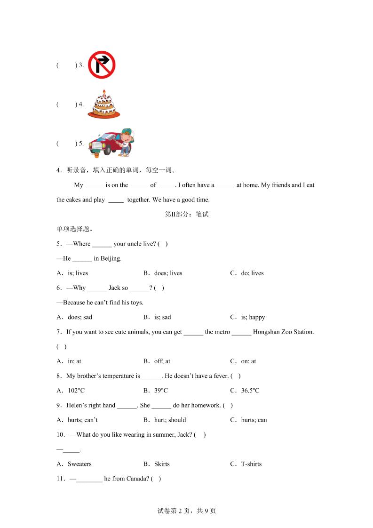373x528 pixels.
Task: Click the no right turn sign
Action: click(x=102, y=65)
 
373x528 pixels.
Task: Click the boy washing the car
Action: click(x=126, y=142)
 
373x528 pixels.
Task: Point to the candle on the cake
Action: click(x=104, y=92)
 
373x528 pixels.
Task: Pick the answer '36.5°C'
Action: click(x=250, y=391)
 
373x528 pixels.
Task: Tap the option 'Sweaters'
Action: click(x=79, y=464)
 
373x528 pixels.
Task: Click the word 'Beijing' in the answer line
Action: click(x=111, y=258)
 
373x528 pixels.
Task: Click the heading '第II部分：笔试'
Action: click(x=187, y=214)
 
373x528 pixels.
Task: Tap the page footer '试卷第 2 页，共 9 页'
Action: click(x=187, y=511)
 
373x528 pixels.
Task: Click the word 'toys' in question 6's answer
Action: click(x=136, y=303)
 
